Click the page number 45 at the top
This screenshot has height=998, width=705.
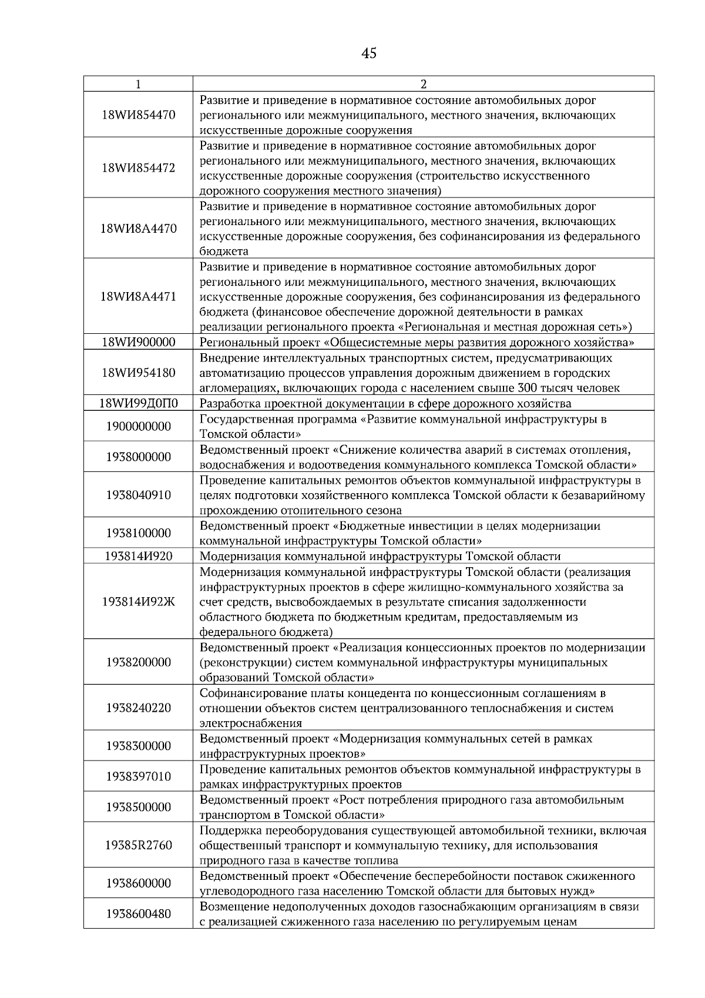point(369,54)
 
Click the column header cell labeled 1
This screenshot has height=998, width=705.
point(138,84)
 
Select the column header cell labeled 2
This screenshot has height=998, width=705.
point(424,84)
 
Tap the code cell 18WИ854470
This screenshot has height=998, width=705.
point(138,115)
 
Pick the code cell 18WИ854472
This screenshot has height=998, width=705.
point(138,168)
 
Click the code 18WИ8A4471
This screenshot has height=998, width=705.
point(138,297)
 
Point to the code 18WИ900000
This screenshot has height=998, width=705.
point(138,343)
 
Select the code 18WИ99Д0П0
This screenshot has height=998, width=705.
point(138,404)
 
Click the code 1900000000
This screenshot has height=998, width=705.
point(138,427)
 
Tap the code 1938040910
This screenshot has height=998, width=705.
point(138,495)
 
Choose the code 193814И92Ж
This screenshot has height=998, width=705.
point(138,602)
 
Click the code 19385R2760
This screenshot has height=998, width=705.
point(138,846)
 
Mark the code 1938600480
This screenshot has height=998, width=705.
point(138,914)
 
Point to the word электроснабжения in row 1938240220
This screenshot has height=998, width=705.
point(250,724)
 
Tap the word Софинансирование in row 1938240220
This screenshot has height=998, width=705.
point(250,694)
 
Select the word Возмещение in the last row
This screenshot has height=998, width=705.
point(229,907)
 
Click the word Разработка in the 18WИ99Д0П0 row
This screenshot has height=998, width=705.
point(228,404)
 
